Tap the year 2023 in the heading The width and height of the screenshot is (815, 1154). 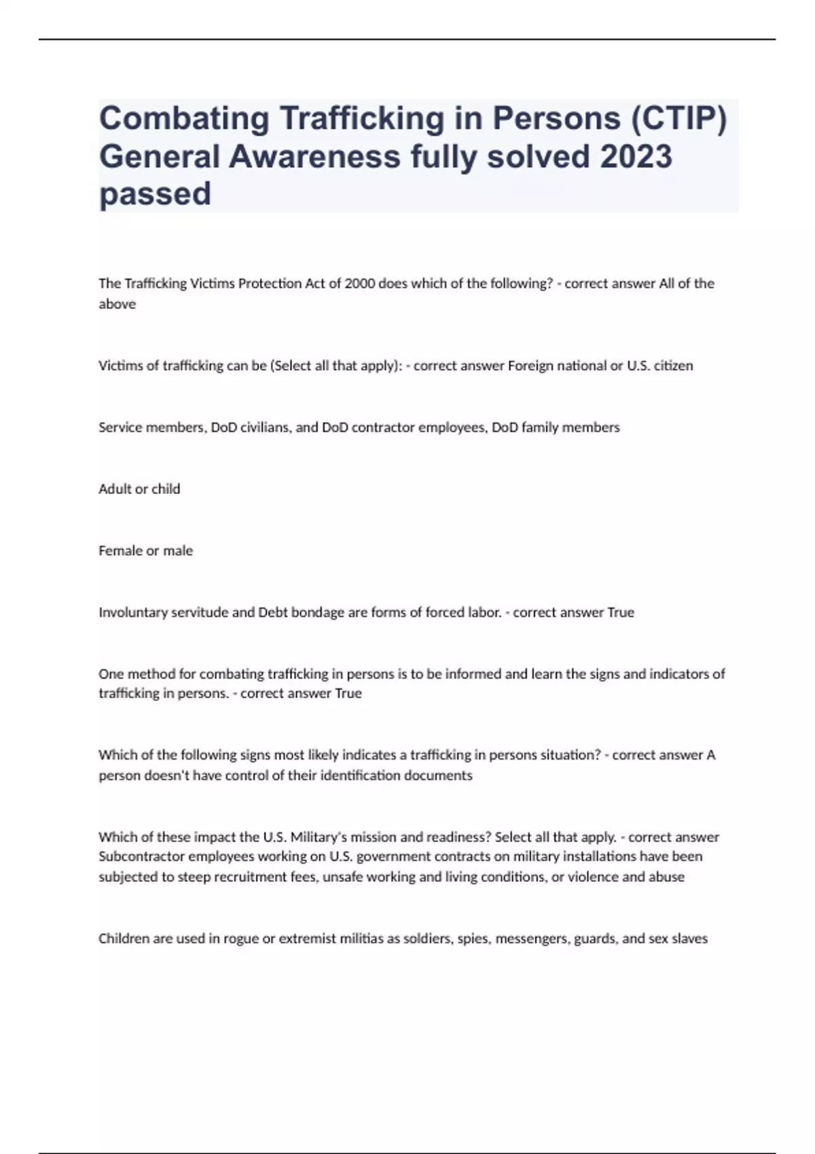click(x=636, y=156)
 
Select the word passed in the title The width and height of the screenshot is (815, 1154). click(x=155, y=194)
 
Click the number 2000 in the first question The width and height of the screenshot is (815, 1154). click(x=359, y=284)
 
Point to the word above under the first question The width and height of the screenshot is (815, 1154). click(x=117, y=304)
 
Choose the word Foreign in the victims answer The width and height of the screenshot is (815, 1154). click(x=530, y=366)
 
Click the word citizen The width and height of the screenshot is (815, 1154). click(x=672, y=366)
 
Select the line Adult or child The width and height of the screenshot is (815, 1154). click(x=139, y=489)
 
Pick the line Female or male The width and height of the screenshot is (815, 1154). click(x=145, y=551)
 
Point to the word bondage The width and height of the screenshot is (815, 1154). click(x=318, y=612)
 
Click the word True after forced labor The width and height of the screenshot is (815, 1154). click(x=620, y=612)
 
